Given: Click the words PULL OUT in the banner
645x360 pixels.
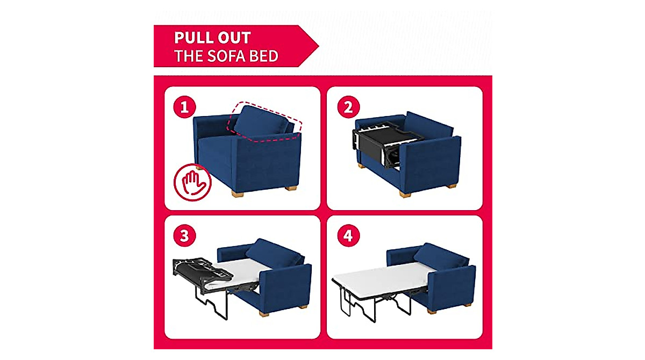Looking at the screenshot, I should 212,38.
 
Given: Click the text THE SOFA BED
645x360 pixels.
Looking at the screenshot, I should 226,56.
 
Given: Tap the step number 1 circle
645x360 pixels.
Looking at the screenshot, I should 184,107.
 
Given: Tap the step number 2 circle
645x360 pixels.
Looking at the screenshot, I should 348,107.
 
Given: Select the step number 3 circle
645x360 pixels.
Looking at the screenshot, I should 184,237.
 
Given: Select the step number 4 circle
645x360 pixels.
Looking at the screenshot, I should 348,237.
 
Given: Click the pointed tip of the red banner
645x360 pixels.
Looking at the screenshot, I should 318,46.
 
